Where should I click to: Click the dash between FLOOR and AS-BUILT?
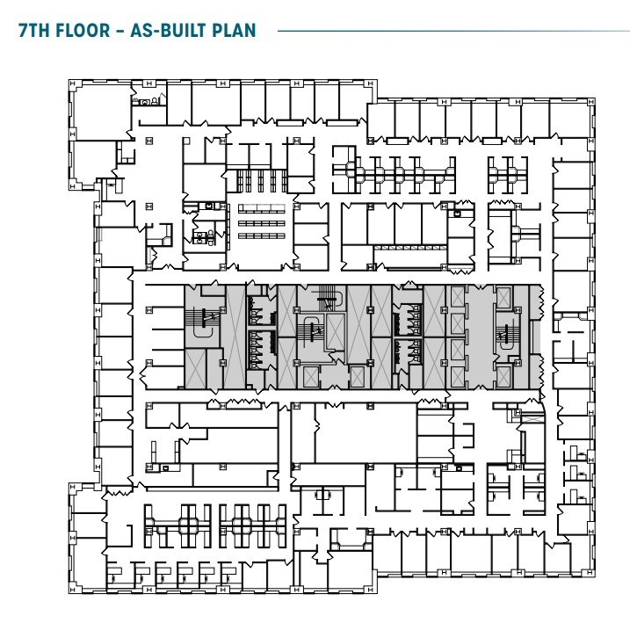tap(120, 31)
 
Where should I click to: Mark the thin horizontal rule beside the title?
tap(453, 31)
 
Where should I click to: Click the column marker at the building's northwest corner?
tap(73, 83)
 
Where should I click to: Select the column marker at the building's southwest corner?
tap(73, 590)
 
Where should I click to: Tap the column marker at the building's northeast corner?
tap(591, 103)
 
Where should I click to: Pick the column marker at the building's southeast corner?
tap(591, 573)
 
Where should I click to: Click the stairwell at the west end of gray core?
tap(202, 322)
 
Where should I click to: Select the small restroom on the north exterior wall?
tap(148, 98)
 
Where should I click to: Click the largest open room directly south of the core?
tap(366, 432)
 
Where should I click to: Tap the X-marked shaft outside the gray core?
tap(532, 418)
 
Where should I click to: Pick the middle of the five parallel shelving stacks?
tap(261, 181)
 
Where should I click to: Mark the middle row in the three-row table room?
tap(262, 223)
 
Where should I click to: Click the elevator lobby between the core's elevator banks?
tap(480, 337)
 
